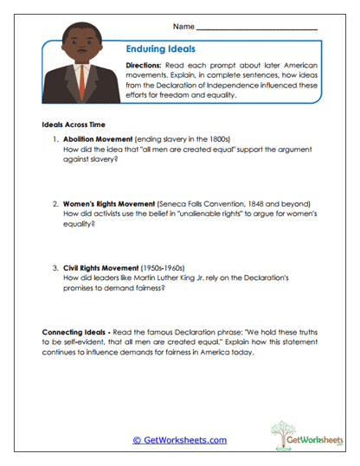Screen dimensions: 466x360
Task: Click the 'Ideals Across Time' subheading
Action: [x=73, y=124]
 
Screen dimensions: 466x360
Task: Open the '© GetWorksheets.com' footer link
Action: [x=179, y=440]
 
